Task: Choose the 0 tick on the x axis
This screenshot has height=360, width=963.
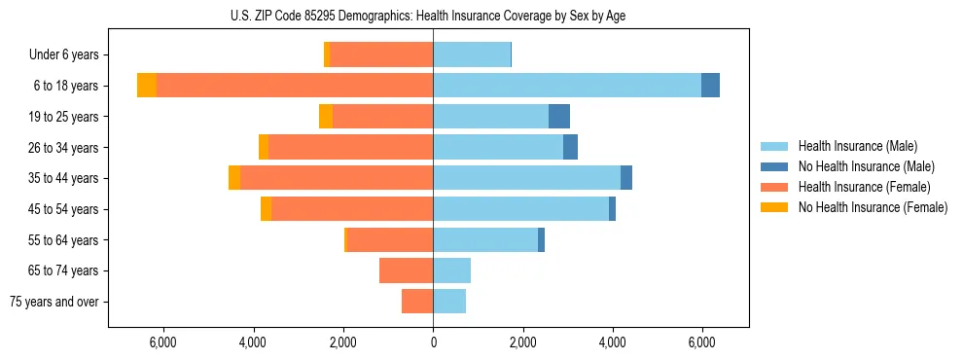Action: click(433, 342)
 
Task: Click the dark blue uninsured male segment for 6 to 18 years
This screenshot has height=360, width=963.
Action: click(710, 86)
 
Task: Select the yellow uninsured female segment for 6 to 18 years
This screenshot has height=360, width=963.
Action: click(147, 86)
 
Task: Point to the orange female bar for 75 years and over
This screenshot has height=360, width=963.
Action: click(417, 302)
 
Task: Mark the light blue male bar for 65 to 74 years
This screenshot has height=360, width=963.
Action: click(451, 270)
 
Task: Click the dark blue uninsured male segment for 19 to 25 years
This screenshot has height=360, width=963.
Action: click(559, 117)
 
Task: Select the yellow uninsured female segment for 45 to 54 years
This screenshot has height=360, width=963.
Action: click(266, 209)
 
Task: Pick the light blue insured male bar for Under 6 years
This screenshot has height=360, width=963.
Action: click(472, 54)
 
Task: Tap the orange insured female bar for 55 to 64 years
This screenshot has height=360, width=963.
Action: click(390, 240)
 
